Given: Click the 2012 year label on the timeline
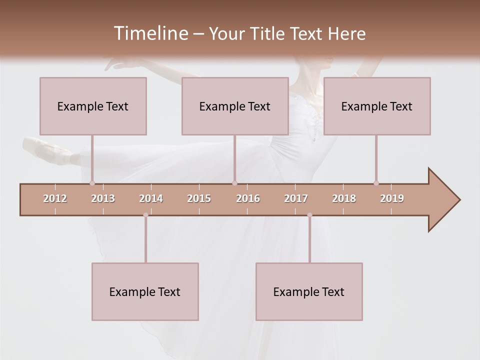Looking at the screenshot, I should pos(55,198).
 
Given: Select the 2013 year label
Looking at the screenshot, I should pos(103,198).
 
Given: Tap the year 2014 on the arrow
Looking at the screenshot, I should pos(151,198).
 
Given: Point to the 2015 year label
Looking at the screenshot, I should pos(199,198).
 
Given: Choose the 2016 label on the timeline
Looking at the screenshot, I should pos(248,198).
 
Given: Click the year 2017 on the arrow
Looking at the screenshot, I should pos(296,198).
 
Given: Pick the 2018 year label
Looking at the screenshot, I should pos(344,198).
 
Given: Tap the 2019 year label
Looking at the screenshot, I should pos(392,198).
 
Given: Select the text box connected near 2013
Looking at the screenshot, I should pos(93,106).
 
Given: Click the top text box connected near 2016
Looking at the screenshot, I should pos(235,106).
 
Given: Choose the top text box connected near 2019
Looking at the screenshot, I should pos(377,106).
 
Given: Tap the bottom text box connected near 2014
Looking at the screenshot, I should pos(145,291).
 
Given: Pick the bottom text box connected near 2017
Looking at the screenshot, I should pos(309,291).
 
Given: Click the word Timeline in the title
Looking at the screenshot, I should pos(150,33).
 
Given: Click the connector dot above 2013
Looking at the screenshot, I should pos(92,183).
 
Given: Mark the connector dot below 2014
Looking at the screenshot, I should pos(145,215).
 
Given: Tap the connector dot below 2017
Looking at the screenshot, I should pos(309,215).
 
